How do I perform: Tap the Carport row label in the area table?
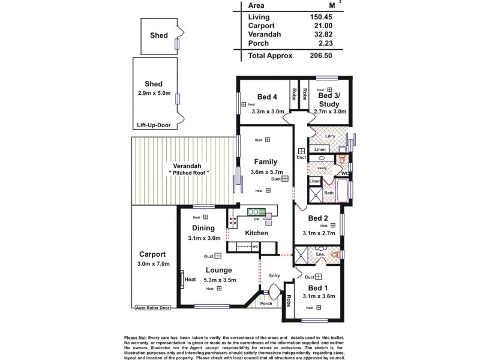pos(262,26)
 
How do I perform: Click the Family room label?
pos(265,162)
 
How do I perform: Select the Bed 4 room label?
pos(268,97)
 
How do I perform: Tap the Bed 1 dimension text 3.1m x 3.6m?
pos(317,296)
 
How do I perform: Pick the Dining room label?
pos(203,228)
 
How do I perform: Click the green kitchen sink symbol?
pos(256,212)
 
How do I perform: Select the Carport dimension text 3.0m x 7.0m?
pos(154,280)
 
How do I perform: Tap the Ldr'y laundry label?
pos(330,136)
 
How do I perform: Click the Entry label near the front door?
pos(275,276)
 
